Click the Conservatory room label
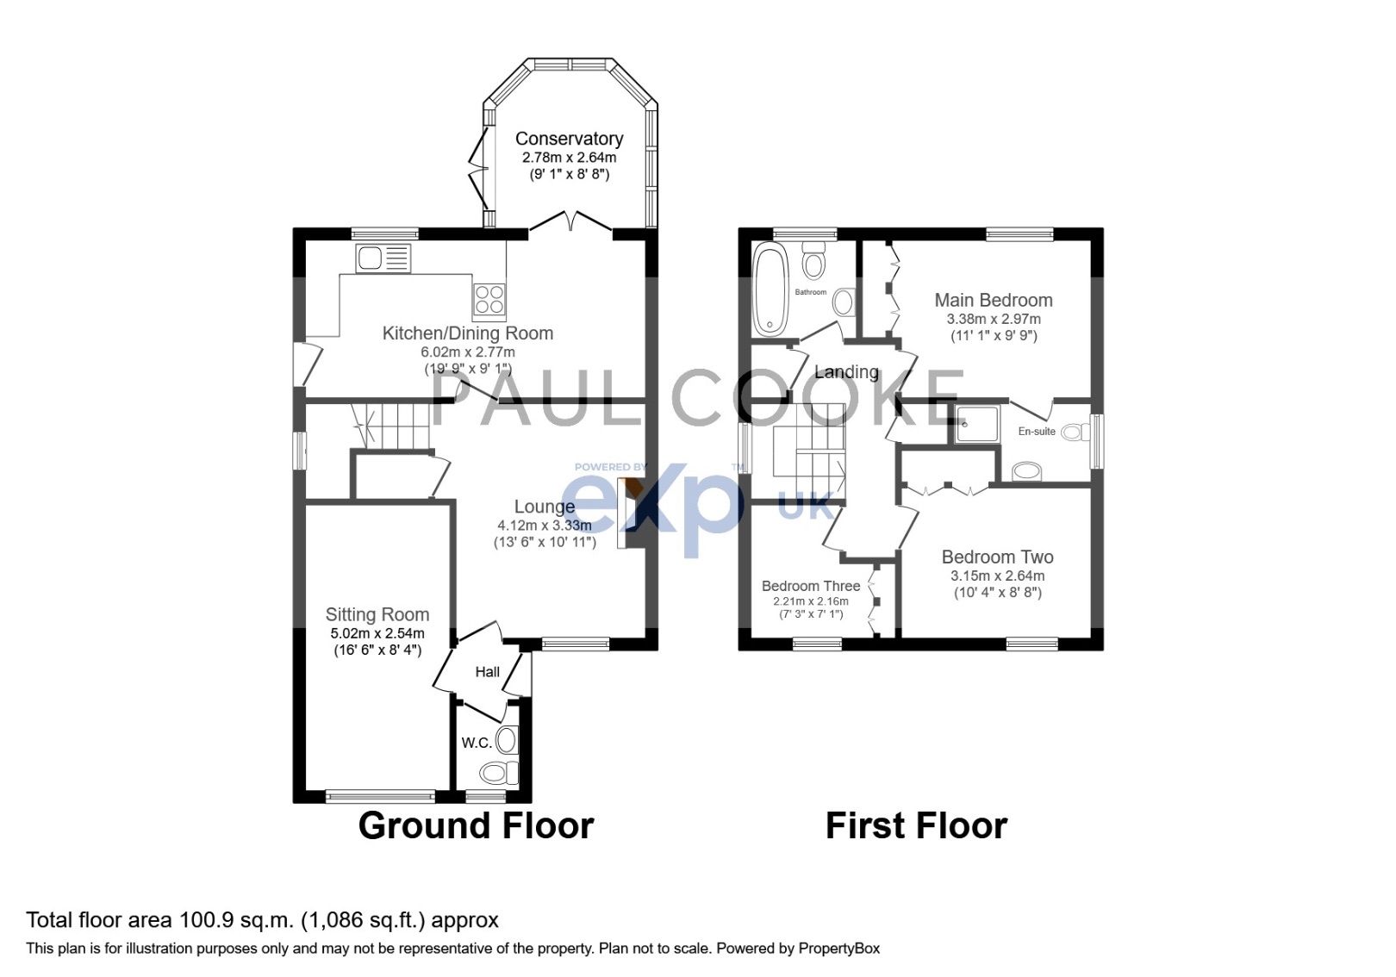[569, 139]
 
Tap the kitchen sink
[383, 258]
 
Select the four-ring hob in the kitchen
[489, 298]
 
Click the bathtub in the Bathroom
[770, 289]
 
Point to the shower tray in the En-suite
[975, 423]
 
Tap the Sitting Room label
[377, 614]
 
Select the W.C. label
[476, 743]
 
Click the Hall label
[487, 672]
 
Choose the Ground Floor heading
[476, 825]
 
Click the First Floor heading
[916, 825]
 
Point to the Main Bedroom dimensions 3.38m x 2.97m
[994, 319]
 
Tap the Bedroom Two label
[997, 557]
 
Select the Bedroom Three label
[810, 586]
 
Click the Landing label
[846, 372]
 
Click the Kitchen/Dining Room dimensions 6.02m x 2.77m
[467, 352]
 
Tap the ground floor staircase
[396, 424]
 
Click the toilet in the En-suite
[1026, 470]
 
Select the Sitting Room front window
[380, 796]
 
